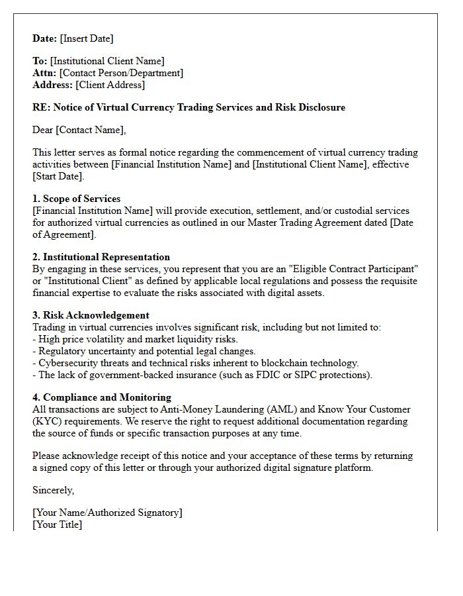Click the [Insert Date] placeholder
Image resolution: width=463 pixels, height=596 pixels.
click(x=87, y=38)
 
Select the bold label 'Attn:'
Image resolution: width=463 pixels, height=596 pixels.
click(x=44, y=73)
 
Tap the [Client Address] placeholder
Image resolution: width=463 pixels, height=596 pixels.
click(x=110, y=85)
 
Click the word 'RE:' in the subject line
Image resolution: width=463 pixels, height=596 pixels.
click(x=41, y=107)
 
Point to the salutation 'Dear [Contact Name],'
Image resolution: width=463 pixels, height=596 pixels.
click(x=79, y=130)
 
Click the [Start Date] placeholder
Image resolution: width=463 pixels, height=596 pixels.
click(x=58, y=176)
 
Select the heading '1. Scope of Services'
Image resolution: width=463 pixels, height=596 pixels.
click(x=77, y=199)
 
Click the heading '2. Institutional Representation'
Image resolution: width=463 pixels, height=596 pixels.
click(x=101, y=257)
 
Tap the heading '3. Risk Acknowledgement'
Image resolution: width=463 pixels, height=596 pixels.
click(x=91, y=315)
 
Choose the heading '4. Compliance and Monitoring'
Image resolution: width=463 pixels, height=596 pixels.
click(x=102, y=397)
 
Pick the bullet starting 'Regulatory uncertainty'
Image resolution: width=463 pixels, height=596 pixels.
click(x=144, y=351)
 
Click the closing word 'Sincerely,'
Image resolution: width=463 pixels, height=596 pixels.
click(x=54, y=490)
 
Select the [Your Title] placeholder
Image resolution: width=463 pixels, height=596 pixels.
click(x=58, y=524)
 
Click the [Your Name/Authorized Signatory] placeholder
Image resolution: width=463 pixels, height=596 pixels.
click(x=107, y=513)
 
